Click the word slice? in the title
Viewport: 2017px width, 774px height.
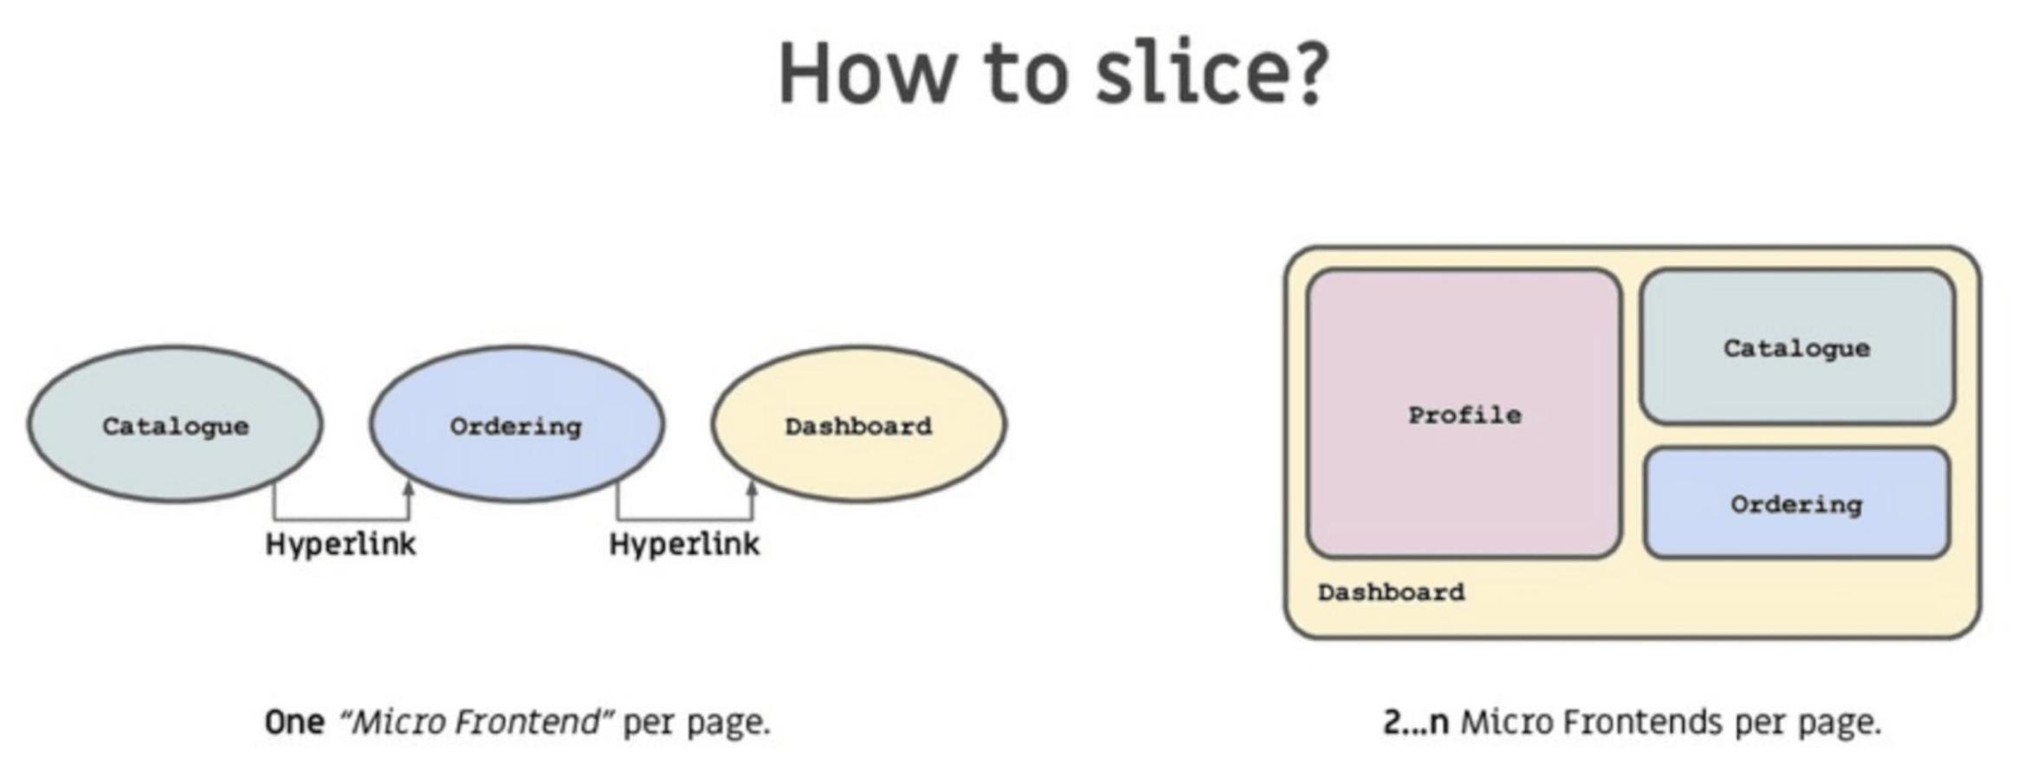1211,74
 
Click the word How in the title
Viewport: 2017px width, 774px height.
866,74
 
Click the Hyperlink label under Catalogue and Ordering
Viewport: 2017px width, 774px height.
340,545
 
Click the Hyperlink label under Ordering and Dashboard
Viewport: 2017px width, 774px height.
684,545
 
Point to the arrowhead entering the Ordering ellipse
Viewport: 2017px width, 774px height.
409,489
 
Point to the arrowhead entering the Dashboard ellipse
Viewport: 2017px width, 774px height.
752,489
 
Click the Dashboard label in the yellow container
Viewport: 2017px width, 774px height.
1391,593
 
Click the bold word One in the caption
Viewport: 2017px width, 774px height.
294,722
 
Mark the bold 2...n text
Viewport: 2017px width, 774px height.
1415,722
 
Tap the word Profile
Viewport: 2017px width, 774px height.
1464,416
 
